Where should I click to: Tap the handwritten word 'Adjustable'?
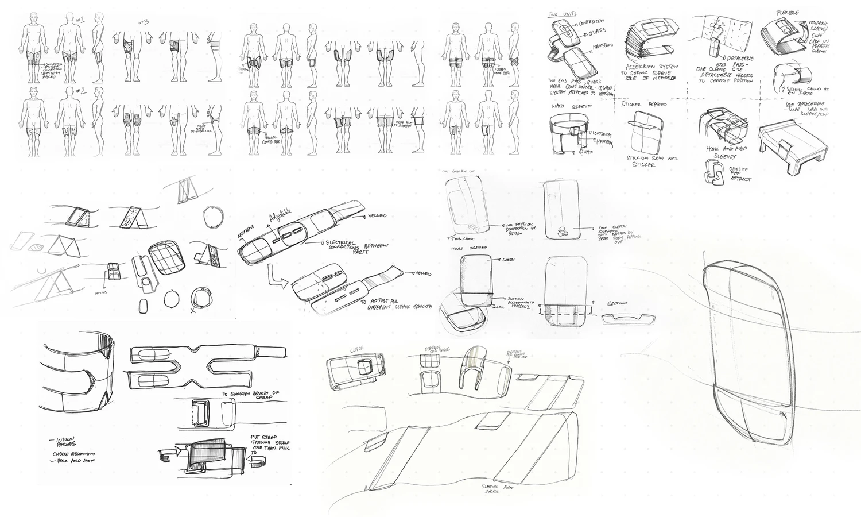(281, 218)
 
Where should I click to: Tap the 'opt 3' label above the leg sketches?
(144, 22)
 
